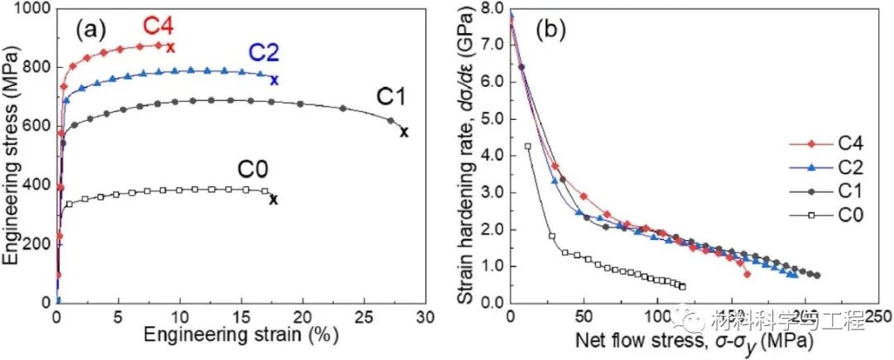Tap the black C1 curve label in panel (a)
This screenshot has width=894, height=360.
tap(392, 97)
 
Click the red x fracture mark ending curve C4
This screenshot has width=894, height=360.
tap(171, 47)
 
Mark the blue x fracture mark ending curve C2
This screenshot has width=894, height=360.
tap(274, 80)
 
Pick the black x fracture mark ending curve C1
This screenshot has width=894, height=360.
tap(404, 132)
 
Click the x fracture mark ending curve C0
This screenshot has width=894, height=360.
tap(273, 199)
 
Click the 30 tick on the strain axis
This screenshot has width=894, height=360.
tap(425, 318)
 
